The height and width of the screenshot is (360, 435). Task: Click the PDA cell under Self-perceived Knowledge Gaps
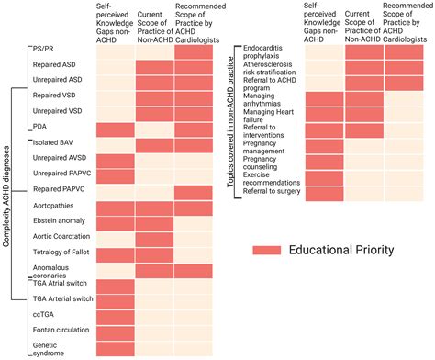(x=115, y=129)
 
